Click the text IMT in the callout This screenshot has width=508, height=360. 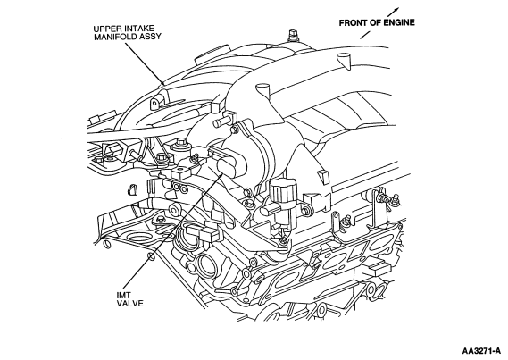(123, 296)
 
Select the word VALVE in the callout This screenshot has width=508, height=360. (129, 304)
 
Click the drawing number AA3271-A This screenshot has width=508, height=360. (481, 351)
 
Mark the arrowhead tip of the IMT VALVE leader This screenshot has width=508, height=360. (222, 173)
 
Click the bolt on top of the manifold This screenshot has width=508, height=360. (293, 36)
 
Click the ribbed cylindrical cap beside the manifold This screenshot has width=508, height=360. (280, 192)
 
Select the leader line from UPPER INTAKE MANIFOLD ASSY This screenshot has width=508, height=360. (145, 63)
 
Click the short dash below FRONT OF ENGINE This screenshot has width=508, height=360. (365, 35)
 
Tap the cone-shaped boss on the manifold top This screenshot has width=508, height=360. (345, 61)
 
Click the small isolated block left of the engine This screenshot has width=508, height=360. (131, 189)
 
